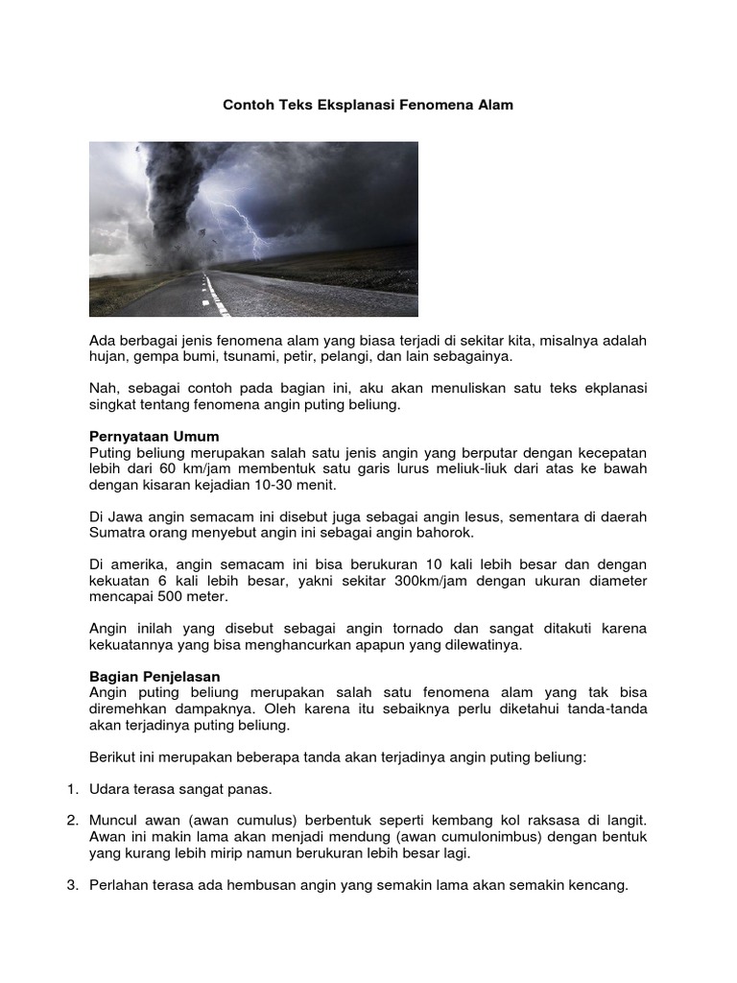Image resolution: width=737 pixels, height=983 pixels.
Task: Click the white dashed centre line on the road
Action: click(213, 293)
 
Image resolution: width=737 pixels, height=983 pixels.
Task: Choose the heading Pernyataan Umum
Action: click(155, 437)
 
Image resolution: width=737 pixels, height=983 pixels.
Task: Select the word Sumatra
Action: click(117, 533)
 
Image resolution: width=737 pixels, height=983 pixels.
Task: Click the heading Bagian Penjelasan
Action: click(155, 677)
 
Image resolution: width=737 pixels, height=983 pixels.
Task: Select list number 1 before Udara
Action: click(72, 789)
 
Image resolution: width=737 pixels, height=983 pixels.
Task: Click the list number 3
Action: click(72, 885)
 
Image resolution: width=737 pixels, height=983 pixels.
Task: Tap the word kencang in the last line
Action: click(596, 885)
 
